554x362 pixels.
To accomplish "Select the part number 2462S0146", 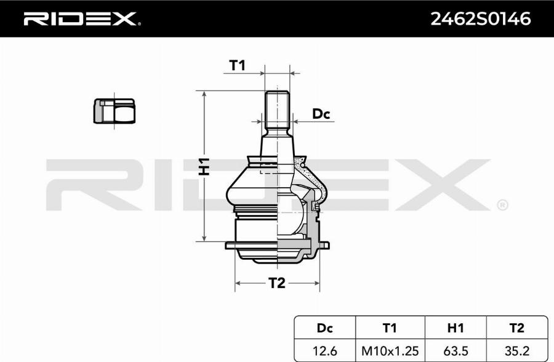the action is [480, 18].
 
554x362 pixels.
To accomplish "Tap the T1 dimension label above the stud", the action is [237, 65].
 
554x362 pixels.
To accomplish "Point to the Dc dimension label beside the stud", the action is [321, 114].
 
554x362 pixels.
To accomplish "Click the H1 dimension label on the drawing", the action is [204, 166].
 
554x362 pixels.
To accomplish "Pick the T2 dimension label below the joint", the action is [276, 283].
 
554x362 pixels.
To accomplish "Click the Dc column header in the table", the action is [324, 328].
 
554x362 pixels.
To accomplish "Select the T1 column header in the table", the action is [390, 328].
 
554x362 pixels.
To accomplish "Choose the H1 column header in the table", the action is [456, 328].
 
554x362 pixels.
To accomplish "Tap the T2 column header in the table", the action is [516, 328].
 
